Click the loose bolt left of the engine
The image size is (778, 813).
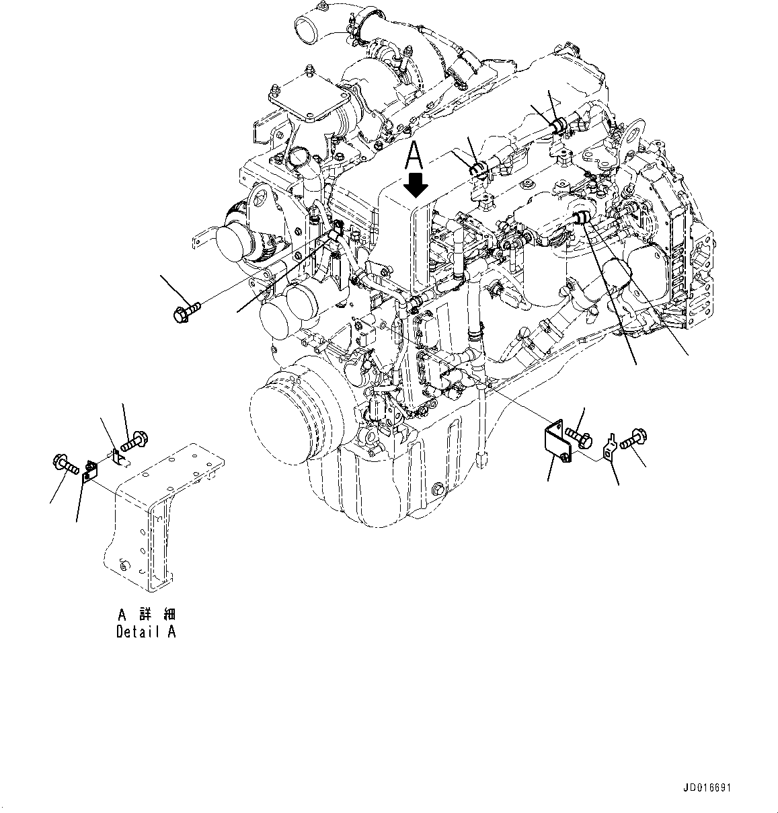click(x=186, y=311)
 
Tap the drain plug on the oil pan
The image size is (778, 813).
click(x=438, y=489)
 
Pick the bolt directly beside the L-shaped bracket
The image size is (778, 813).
click(x=579, y=436)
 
